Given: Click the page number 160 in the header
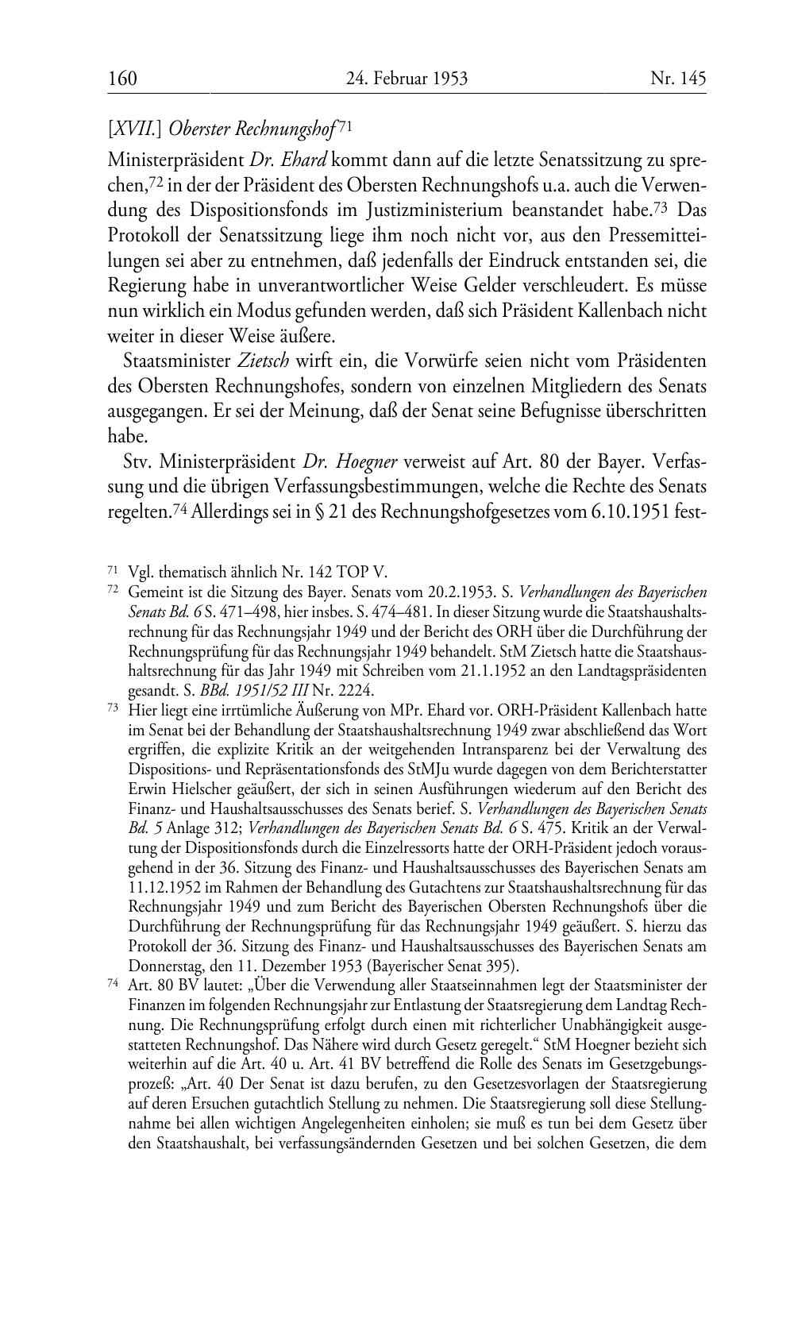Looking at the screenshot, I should [122, 79].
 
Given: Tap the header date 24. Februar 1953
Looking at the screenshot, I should [407, 79].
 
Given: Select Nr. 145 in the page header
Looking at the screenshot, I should [678, 79].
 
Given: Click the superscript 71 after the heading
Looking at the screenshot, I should [345, 125].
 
